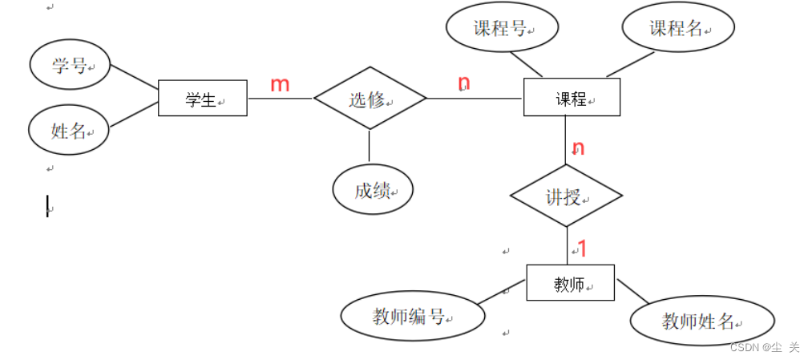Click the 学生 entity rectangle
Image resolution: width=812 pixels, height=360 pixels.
coord(202,99)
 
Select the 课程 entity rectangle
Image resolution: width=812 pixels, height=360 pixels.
coord(571,98)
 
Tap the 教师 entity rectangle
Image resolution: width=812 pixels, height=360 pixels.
coord(570,283)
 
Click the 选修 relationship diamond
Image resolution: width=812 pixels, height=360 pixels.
coord(370,99)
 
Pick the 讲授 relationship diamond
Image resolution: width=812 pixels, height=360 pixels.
coord(566,196)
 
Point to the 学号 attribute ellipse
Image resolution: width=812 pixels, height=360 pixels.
coord(70,66)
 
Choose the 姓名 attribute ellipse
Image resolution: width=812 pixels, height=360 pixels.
coord(69,130)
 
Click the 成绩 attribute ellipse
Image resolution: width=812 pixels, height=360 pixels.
coord(373,190)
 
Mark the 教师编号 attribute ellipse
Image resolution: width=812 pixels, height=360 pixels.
coord(412,317)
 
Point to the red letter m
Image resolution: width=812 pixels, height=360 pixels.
coord(279,84)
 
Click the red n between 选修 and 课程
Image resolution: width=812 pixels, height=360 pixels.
coord(463,83)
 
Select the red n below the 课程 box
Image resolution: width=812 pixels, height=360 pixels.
coord(578,148)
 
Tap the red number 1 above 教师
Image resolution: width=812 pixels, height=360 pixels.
coord(583,249)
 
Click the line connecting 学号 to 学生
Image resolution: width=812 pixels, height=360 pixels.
coord(134,78)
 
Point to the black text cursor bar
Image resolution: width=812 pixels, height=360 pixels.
coord(47,206)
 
